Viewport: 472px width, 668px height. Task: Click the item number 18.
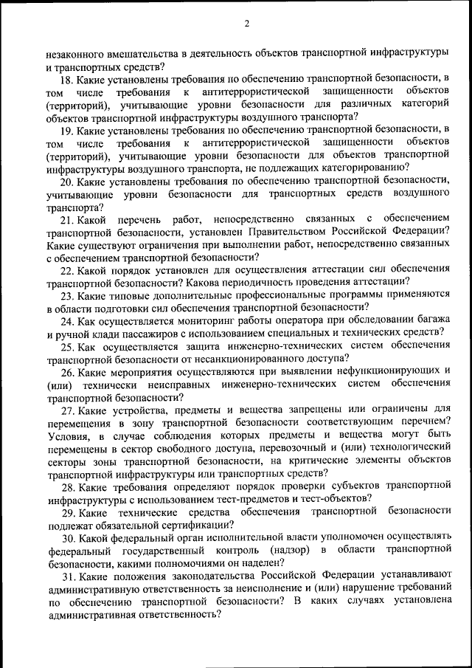click(68, 79)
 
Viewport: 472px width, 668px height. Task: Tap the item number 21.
click(68, 219)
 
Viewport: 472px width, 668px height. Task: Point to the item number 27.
click(68, 410)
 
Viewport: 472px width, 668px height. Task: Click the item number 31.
click(68, 575)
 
